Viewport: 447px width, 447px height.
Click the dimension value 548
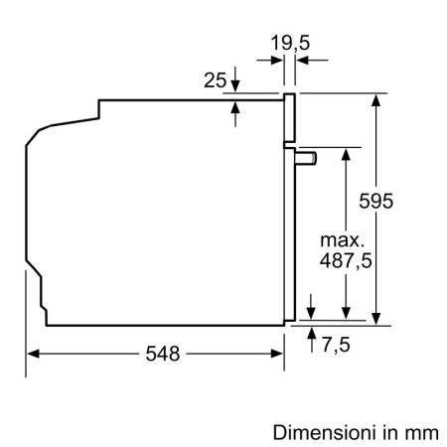(x=161, y=355)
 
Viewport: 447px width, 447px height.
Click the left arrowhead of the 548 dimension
(x=33, y=354)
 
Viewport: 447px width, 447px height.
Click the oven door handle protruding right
(x=307, y=156)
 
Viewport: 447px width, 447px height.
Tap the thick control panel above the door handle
(x=289, y=117)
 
